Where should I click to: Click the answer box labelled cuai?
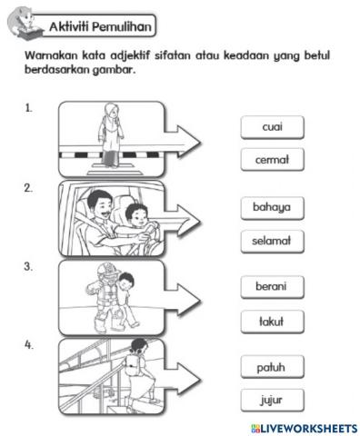[x=272, y=127]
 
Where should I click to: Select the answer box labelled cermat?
[x=272, y=161]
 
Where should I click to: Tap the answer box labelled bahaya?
[x=272, y=207]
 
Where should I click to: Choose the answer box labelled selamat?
[x=272, y=242]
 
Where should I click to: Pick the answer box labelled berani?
[x=272, y=287]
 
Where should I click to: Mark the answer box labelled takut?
[x=272, y=322]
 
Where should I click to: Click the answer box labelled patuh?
[x=272, y=367]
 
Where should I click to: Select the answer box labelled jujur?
[x=272, y=401]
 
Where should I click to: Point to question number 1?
[x=29, y=108]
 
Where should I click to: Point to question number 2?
[x=29, y=188]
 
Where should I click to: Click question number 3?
[x=29, y=267]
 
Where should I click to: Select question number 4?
[x=29, y=345]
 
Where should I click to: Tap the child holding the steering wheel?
[x=135, y=223]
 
